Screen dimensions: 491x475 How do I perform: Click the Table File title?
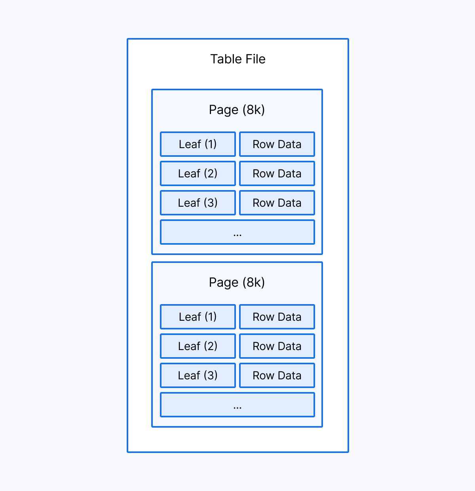[x=237, y=59]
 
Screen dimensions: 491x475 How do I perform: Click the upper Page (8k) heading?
[x=237, y=110]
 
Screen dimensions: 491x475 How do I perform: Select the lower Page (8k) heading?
[x=237, y=282]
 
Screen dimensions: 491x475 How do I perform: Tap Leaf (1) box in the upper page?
[x=198, y=144]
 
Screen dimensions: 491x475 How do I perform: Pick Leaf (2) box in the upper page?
[x=198, y=173]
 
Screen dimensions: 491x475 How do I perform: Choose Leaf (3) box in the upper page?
[x=198, y=203]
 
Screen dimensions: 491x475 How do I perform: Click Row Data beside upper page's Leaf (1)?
[x=277, y=144]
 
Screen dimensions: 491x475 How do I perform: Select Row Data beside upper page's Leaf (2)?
[x=277, y=173]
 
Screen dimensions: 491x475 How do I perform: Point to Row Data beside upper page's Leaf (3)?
[x=277, y=203]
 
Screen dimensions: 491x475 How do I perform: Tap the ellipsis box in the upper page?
[x=237, y=232]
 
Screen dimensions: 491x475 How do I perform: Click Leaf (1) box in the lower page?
[x=198, y=317]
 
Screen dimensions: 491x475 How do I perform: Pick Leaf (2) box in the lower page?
[x=198, y=346]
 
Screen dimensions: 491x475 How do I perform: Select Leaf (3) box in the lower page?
[x=198, y=375]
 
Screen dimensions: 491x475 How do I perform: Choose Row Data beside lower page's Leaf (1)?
[x=277, y=317]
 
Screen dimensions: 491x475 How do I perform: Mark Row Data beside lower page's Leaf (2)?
[x=277, y=346]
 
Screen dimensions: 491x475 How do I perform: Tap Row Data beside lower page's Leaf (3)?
[x=277, y=375]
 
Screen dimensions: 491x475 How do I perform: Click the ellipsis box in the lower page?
[x=237, y=405]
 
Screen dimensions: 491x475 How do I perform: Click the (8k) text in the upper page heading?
[x=254, y=110]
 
